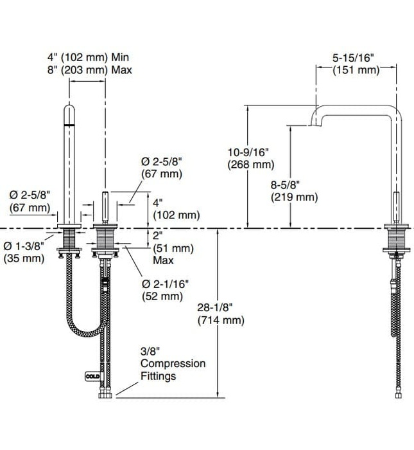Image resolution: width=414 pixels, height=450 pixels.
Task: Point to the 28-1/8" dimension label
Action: coord(221,308)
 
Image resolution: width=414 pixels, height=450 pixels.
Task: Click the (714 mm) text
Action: coord(221,320)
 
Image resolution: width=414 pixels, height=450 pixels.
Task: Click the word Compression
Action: coord(173,363)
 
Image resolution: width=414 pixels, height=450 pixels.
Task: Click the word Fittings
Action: coord(159,375)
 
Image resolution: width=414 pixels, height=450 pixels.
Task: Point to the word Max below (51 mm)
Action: coord(163,261)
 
